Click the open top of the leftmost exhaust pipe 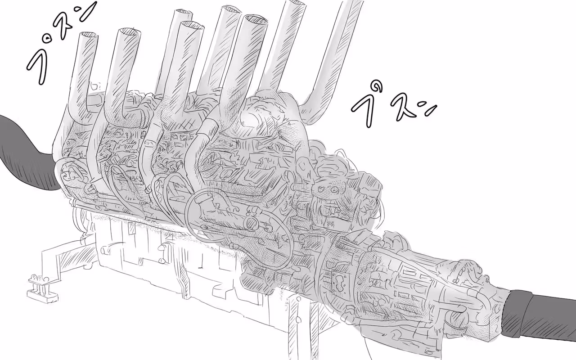pos(89,36)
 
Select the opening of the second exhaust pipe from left pos(129,32)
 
